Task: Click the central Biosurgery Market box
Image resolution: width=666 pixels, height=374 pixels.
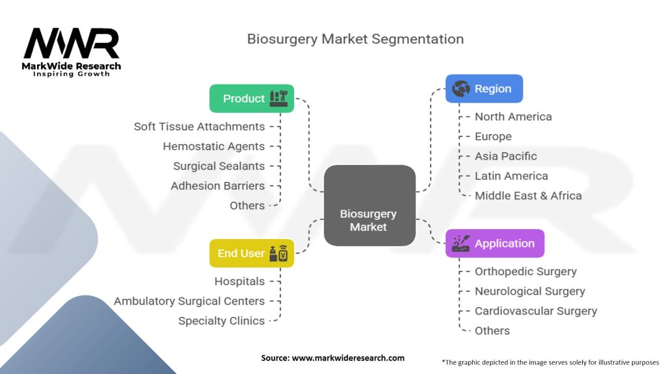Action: (369, 206)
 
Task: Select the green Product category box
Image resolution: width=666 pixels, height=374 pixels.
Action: (252, 99)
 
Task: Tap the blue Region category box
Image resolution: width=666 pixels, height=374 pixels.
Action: (484, 89)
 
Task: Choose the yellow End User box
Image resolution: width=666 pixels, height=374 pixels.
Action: (252, 253)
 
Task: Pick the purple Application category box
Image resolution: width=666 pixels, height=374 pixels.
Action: (494, 243)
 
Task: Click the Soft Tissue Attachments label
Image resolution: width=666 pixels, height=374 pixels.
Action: (199, 127)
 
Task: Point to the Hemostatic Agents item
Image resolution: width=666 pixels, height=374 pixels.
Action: (213, 146)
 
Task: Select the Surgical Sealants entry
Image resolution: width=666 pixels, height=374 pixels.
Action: (219, 166)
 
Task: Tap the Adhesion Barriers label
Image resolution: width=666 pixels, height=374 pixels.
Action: (217, 186)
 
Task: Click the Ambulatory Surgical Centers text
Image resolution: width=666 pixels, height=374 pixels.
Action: (189, 301)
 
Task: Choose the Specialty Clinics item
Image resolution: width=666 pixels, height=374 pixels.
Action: (221, 321)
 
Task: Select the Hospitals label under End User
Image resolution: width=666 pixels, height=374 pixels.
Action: (239, 281)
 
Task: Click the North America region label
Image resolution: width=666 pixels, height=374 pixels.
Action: (513, 117)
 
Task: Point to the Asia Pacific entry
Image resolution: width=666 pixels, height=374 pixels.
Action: (505, 156)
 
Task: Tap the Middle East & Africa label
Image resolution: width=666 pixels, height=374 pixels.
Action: (527, 195)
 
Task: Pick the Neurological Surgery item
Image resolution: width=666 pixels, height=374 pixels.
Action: (529, 291)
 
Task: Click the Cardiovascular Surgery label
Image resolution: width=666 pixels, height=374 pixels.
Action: (535, 311)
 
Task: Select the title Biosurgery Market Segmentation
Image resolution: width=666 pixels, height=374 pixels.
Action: (355, 39)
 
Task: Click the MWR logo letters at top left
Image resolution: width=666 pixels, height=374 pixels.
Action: (72, 44)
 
